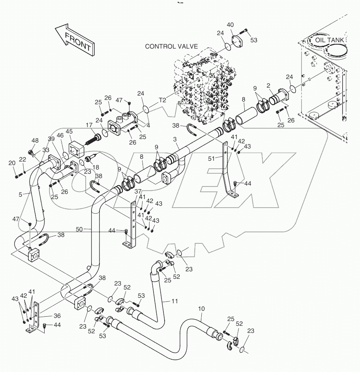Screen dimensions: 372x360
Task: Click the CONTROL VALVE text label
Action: pos(171,46)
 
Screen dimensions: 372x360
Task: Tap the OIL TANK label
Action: pos(329,40)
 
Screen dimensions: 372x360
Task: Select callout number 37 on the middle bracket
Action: pos(137,192)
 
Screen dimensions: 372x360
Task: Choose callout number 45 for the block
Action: pos(69,132)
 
